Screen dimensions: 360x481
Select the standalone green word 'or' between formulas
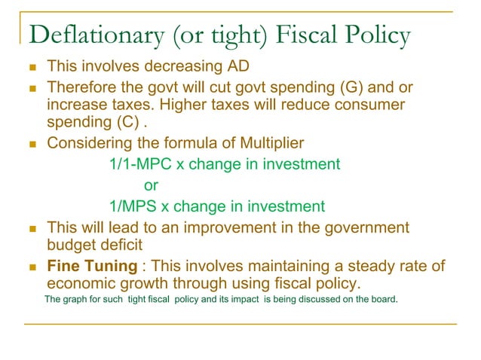click(151, 185)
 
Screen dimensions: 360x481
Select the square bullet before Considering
click(32, 144)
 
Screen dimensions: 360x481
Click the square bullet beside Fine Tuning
click(32, 267)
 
